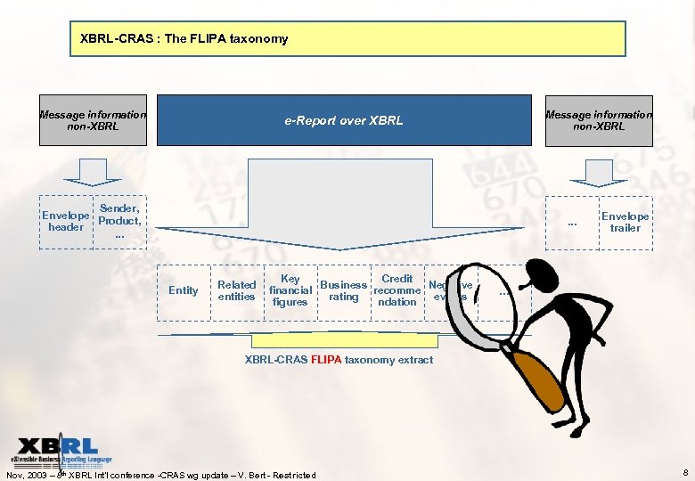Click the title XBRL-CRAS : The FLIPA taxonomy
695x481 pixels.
tap(184, 39)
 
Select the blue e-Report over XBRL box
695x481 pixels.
tap(343, 120)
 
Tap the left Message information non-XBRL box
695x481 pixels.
tap(93, 120)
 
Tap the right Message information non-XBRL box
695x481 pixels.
tap(598, 120)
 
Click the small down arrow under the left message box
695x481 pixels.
tap(93, 169)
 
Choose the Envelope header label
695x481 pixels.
tap(66, 221)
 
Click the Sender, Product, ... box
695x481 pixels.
tap(119, 221)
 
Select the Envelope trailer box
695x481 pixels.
tap(625, 222)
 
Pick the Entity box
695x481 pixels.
tap(184, 290)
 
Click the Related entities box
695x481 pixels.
tap(236, 290)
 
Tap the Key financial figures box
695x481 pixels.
tap(290, 290)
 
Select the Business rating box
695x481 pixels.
tap(343, 290)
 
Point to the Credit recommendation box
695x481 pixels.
tap(397, 290)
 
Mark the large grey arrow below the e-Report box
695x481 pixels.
tap(343, 209)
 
